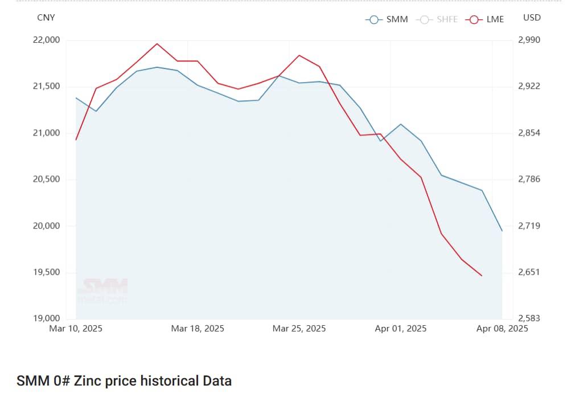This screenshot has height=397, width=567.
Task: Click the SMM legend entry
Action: [x=387, y=19]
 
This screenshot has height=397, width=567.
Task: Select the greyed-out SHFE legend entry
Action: [x=437, y=19]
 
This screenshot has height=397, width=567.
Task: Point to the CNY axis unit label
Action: [x=46, y=18]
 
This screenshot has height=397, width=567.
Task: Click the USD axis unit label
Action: [x=532, y=18]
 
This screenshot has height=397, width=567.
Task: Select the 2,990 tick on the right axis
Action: [x=529, y=40]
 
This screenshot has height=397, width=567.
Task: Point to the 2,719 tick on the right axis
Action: [x=529, y=226]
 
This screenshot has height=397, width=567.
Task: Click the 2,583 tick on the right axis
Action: [x=529, y=318]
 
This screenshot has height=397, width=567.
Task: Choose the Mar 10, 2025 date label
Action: [x=76, y=329]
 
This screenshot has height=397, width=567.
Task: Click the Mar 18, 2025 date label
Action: [x=198, y=329]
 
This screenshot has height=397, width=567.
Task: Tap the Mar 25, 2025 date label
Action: [x=299, y=329]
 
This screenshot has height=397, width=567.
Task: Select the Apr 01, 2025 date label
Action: [x=400, y=329]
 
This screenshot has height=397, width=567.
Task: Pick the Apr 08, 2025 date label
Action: [x=502, y=329]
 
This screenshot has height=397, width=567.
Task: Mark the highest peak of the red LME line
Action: [x=157, y=43]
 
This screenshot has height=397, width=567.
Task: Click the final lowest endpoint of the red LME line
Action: [x=482, y=276]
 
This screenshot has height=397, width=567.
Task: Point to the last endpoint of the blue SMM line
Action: [x=502, y=231]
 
